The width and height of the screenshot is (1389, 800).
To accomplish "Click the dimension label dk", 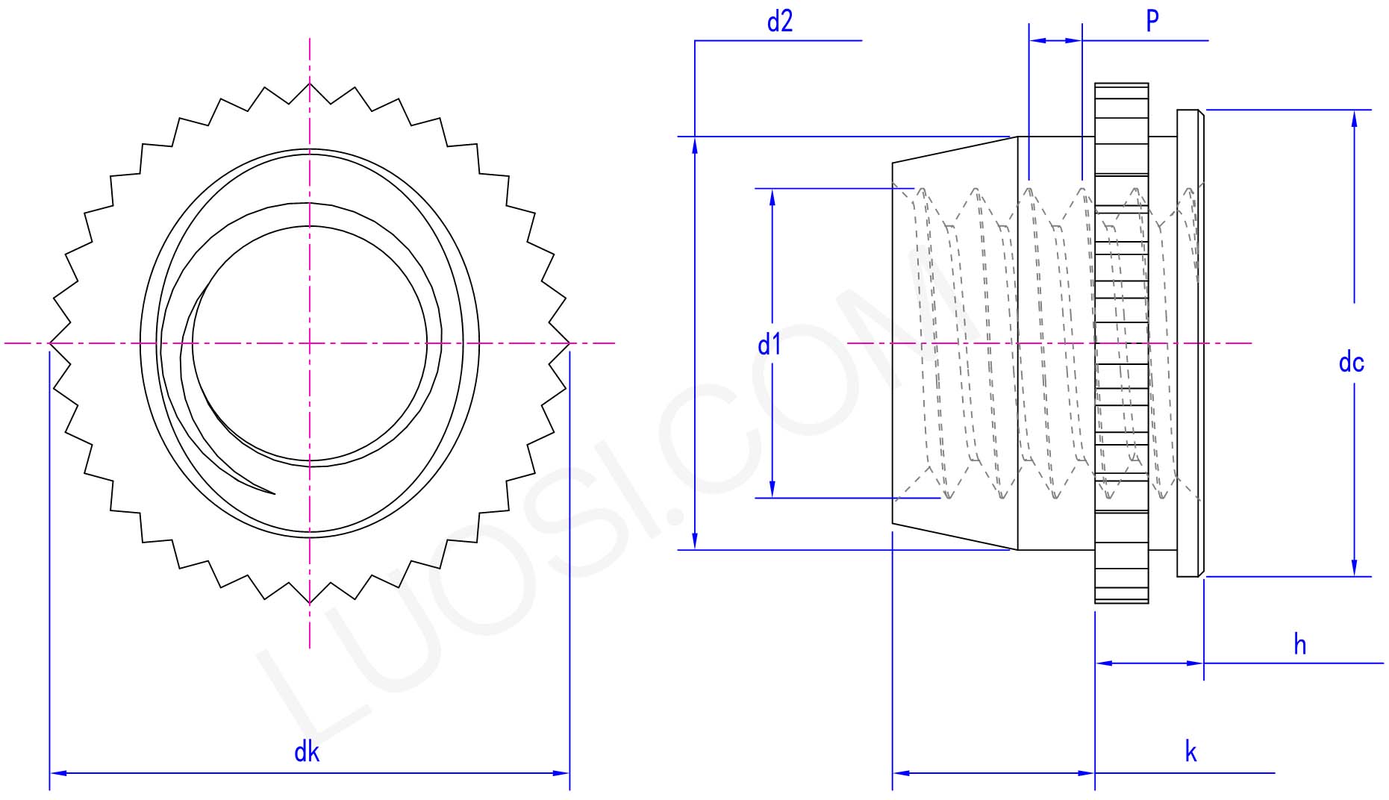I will [x=307, y=751].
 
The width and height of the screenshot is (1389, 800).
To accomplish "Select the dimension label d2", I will [x=779, y=22].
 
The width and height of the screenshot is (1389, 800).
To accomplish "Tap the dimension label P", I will [x=1152, y=21].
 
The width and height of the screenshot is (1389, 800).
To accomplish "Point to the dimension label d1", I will [x=770, y=345].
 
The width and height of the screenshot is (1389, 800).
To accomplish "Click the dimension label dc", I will [x=1352, y=363].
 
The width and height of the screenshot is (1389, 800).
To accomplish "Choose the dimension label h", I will [x=1300, y=644].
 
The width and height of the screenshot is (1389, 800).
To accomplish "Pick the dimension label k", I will [x=1190, y=751].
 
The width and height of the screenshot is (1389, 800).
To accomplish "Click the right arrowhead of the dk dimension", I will [x=563, y=773].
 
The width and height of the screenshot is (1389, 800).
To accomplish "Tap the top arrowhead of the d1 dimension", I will [x=772, y=196].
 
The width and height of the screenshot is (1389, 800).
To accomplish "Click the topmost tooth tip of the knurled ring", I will [x=310, y=83].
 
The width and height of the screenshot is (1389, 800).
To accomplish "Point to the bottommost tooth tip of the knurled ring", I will [x=310, y=603].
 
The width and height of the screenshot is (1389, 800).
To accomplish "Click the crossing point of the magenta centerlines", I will [x=310, y=343].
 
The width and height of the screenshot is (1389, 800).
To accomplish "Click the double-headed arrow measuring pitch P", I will [x=1055, y=40].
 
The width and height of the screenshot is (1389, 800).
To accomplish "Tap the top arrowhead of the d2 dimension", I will [x=695, y=145].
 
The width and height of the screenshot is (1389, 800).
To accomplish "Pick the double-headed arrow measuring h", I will [x=1149, y=663].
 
